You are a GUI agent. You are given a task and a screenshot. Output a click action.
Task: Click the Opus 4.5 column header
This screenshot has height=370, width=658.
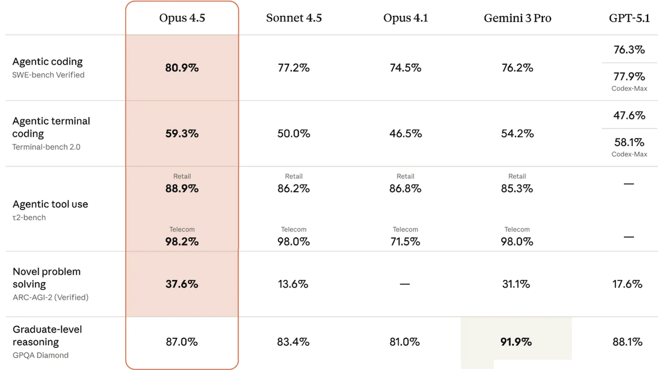(x=182, y=18)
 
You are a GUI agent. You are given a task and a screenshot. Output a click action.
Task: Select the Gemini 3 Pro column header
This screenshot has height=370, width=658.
(x=517, y=18)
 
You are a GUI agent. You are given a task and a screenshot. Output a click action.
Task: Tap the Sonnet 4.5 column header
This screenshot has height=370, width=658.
(x=294, y=18)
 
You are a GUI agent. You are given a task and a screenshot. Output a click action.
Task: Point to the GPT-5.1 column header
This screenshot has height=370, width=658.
(x=629, y=18)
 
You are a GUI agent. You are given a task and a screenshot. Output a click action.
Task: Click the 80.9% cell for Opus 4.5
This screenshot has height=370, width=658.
(x=182, y=68)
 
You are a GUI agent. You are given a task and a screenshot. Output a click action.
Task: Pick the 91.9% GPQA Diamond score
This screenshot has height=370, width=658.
(x=516, y=342)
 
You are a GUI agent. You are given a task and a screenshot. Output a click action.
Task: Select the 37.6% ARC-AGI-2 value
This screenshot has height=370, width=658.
(x=182, y=284)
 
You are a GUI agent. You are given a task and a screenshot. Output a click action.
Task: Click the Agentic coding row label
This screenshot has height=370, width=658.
(x=48, y=61)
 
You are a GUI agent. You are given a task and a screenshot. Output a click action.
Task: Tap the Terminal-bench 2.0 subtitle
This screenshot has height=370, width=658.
(x=46, y=147)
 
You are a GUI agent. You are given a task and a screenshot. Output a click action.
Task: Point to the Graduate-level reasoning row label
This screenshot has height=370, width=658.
(x=47, y=335)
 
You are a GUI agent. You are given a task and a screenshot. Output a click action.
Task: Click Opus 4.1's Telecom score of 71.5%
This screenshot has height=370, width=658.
(x=405, y=242)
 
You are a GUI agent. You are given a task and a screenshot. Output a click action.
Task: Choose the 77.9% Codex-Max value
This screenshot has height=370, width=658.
(x=629, y=77)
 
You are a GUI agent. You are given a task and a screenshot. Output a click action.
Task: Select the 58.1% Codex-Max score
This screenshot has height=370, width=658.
(x=629, y=143)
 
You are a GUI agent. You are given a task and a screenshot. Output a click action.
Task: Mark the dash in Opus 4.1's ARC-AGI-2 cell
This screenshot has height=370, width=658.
(x=405, y=284)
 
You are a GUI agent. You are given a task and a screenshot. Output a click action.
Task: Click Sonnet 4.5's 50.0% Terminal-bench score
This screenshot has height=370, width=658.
(x=294, y=134)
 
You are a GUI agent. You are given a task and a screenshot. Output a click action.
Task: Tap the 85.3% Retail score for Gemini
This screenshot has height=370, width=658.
(x=517, y=189)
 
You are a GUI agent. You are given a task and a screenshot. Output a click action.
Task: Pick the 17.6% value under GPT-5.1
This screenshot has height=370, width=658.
(x=627, y=284)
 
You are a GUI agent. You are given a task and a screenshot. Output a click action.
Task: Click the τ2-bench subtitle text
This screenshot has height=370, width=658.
(x=29, y=218)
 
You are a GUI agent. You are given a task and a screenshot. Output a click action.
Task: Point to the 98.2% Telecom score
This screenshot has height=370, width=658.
(x=182, y=242)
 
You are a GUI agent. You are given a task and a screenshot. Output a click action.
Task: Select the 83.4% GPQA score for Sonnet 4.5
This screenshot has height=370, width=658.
(x=293, y=342)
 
